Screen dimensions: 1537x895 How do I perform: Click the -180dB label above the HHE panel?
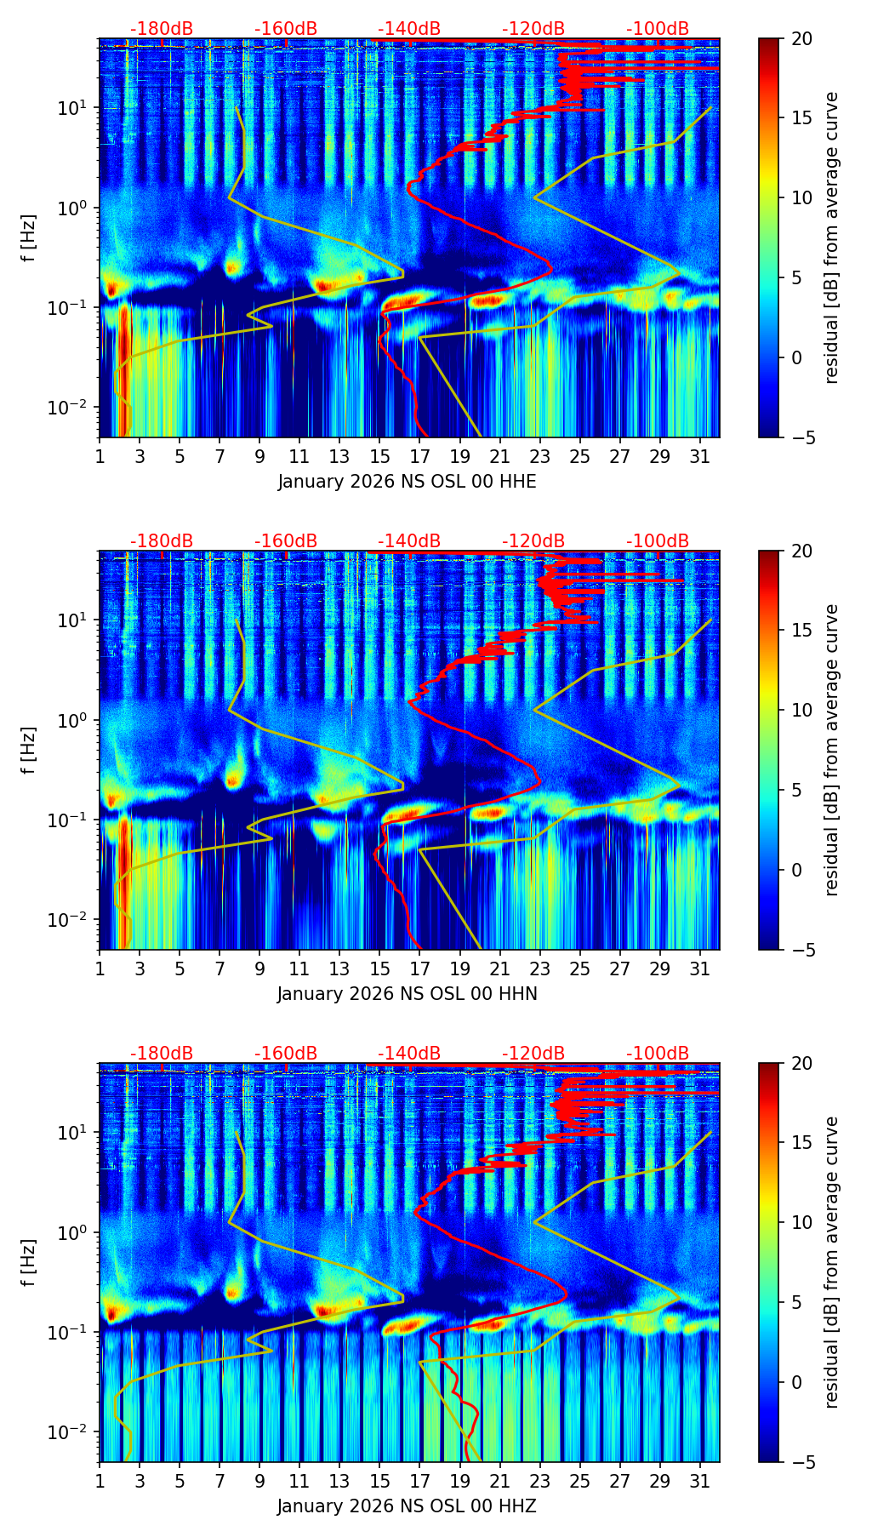coord(162,29)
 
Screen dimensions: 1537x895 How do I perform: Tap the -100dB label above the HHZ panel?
coord(658,1054)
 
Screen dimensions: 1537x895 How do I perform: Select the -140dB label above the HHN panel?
coord(409,541)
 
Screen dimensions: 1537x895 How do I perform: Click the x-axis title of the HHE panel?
coord(407,482)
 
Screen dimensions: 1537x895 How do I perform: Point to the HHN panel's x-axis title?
coord(407,994)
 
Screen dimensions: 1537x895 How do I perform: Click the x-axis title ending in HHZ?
coord(407,1506)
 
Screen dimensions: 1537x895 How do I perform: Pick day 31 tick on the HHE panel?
coord(699,456)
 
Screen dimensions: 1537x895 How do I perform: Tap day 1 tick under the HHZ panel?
coord(100,1481)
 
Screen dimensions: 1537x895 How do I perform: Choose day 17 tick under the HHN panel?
coord(420,968)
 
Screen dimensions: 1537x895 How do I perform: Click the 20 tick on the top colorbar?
coord(801,39)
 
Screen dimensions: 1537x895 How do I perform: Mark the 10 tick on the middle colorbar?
coord(801,710)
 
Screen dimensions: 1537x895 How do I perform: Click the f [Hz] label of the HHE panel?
coord(29,238)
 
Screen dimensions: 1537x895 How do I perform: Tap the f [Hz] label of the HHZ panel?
coord(29,1263)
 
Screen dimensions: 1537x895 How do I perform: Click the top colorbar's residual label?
coord(832,238)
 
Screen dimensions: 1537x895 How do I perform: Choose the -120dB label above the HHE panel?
coord(533,29)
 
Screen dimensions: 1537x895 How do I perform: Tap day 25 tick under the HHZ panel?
coord(579,1481)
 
